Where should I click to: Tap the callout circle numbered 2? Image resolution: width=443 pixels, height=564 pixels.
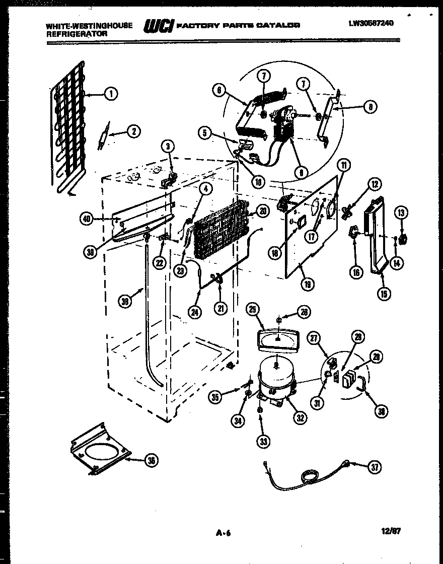click(133, 132)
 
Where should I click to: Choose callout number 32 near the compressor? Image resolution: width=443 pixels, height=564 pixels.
click(301, 417)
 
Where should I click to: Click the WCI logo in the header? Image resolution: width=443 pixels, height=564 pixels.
click(158, 27)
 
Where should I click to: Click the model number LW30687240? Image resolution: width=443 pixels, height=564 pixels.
click(371, 23)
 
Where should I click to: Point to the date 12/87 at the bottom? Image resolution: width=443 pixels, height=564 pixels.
click(392, 531)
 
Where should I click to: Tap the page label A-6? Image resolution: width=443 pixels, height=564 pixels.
click(223, 532)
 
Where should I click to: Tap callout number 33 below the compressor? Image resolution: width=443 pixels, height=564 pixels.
click(263, 442)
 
